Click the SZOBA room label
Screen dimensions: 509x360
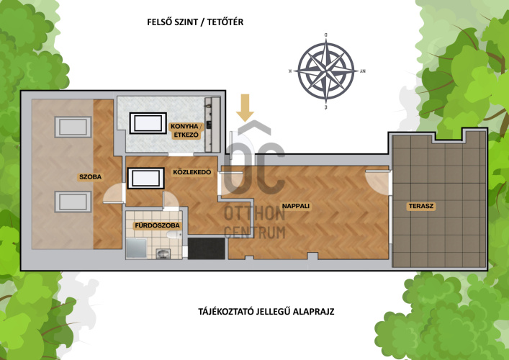[90, 177]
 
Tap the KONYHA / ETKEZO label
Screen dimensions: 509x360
[185, 130]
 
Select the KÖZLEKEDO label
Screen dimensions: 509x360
[192, 172]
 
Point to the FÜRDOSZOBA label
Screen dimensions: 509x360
[157, 225]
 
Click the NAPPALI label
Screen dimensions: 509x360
[296, 206]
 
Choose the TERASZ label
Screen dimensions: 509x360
[421, 206]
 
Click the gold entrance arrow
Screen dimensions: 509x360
[245, 108]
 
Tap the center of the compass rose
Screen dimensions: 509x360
[326, 71]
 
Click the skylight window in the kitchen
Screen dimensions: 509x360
[148, 123]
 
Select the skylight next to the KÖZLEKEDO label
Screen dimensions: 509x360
[145, 178]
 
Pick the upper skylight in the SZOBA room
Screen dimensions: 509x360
[73, 127]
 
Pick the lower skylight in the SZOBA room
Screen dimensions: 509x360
[73, 202]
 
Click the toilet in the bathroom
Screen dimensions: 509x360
[174, 235]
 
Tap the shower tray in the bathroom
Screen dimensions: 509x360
[136, 248]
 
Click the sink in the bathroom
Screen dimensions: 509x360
[163, 253]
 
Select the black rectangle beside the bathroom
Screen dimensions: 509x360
[207, 248]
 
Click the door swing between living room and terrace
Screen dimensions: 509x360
[378, 182]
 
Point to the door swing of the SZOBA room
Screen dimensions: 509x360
[114, 193]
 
